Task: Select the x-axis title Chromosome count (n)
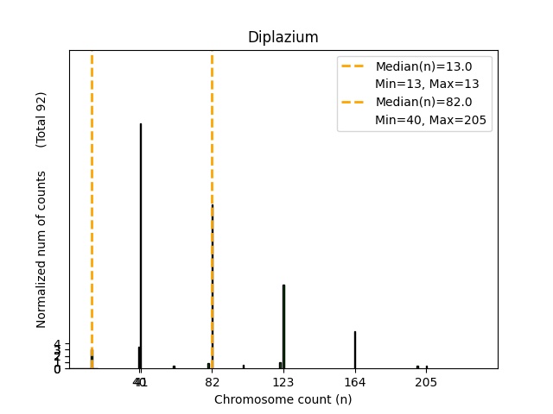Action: [x=283, y=399]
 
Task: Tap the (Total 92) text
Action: [x=41, y=119]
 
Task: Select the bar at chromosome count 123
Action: [x=283, y=326]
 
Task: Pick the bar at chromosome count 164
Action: [x=354, y=349]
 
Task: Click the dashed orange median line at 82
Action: [x=212, y=129]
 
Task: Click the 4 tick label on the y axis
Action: [x=57, y=344]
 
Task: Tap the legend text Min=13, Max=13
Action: [x=427, y=85]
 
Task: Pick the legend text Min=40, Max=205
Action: [x=432, y=121]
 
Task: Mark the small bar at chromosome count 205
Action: [x=426, y=367]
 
